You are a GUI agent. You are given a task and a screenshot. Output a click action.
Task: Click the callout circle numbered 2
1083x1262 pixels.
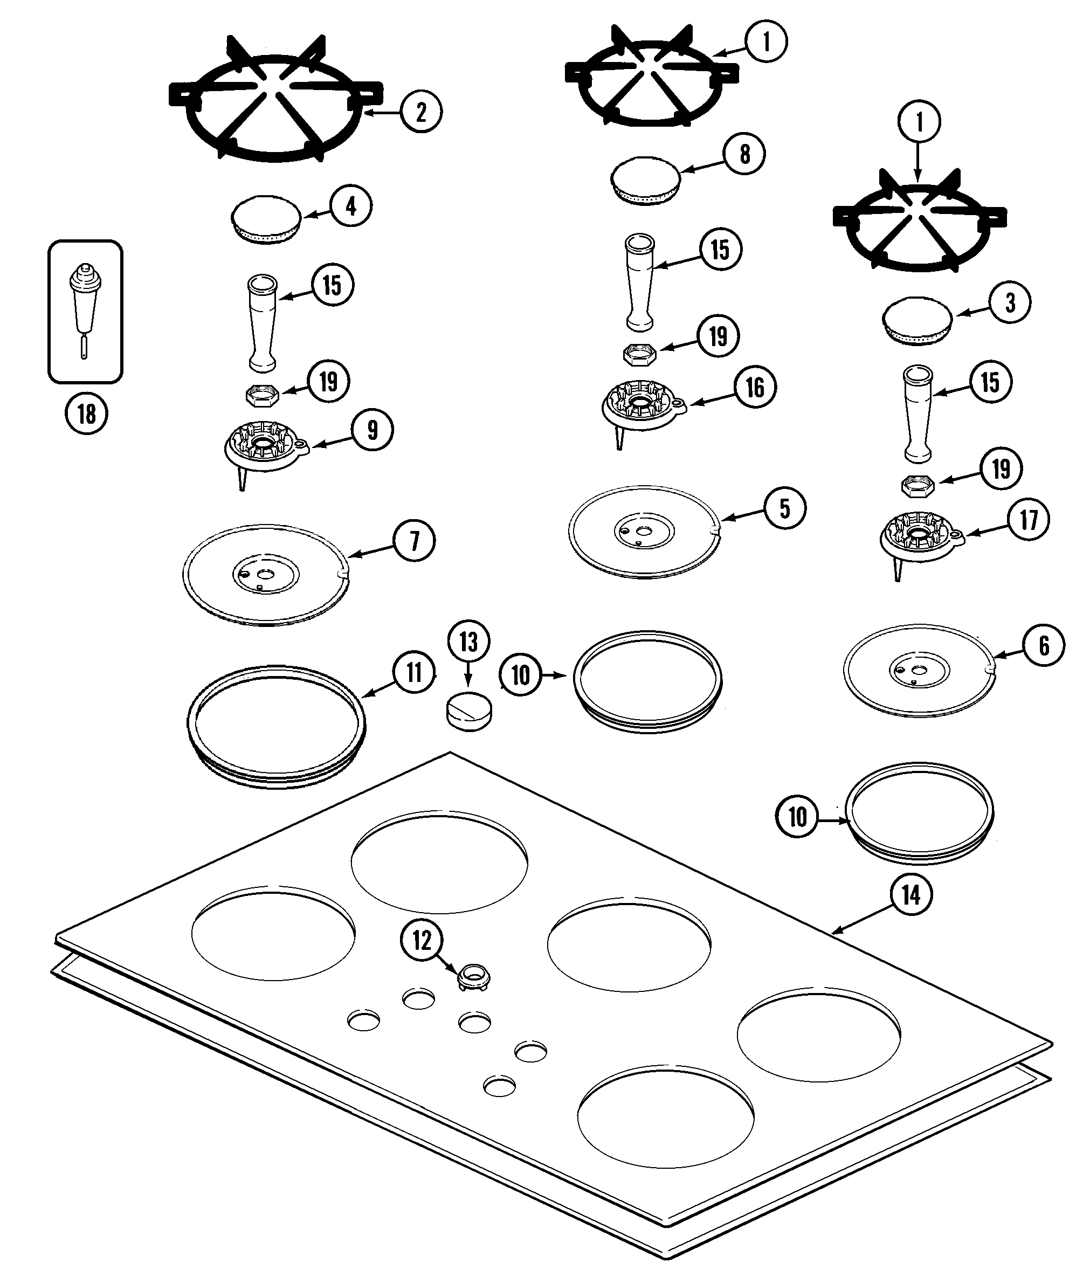coord(422,112)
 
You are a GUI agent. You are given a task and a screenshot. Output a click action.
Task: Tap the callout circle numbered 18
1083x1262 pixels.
coord(86,413)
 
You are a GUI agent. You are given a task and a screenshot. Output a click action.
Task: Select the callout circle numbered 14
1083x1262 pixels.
coord(911,895)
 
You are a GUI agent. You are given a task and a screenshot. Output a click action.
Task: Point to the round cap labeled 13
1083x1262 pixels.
coord(469,710)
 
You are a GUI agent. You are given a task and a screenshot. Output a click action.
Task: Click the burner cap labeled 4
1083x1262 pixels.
coord(266,220)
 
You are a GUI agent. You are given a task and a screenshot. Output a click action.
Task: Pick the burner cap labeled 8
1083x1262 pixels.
coord(645,180)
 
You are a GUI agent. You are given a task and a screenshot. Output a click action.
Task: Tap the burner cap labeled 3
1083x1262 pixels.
coord(918,321)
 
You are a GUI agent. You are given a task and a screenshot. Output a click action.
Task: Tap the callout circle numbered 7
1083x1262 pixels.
coord(414,540)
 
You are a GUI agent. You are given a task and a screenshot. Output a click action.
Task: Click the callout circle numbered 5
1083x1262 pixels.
coord(784,508)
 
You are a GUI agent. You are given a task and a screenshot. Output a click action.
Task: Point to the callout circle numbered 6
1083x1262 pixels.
coord(1044,645)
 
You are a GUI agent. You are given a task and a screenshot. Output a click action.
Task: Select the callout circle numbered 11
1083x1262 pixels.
coord(414,672)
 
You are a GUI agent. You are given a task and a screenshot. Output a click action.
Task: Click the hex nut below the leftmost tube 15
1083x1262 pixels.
coord(263,396)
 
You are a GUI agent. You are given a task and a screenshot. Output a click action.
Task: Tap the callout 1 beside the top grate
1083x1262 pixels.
coord(766,42)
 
